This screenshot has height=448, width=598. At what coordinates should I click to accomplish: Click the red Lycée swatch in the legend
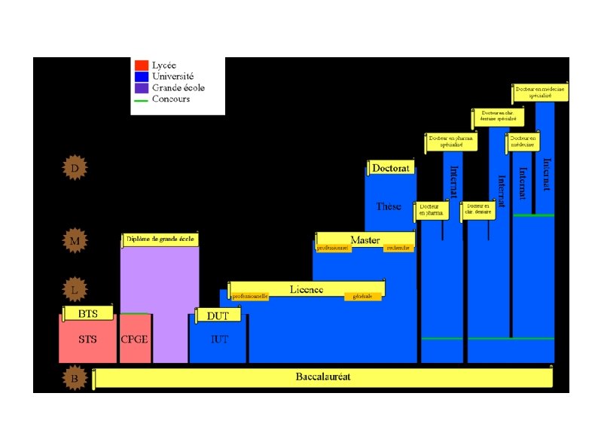pyautogui.click(x=141, y=66)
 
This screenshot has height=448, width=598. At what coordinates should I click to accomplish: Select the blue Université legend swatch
pyautogui.click(x=141, y=76)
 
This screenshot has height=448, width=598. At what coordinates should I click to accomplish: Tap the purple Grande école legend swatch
pyautogui.click(x=141, y=87)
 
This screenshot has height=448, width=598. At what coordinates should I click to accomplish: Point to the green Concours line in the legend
pyautogui.click(x=141, y=99)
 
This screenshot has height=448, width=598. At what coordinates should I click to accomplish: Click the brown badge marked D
pyautogui.click(x=75, y=168)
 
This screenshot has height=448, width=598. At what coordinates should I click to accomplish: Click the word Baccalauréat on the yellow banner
pyautogui.click(x=323, y=376)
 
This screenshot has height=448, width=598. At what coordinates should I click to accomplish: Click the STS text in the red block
pyautogui.click(x=87, y=340)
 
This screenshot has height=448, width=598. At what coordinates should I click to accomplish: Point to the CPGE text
pyautogui.click(x=135, y=340)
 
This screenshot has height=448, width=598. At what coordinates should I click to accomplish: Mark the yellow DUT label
pyautogui.click(x=218, y=316)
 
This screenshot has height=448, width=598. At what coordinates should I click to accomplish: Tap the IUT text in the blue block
pyautogui.click(x=218, y=340)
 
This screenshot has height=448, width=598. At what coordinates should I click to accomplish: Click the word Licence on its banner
pyautogui.click(x=307, y=289)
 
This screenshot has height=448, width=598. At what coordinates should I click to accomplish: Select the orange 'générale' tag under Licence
pyautogui.click(x=362, y=297)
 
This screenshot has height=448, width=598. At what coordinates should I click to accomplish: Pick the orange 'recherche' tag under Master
pyautogui.click(x=398, y=248)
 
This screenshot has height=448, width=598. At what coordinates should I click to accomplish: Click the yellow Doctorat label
pyautogui.click(x=391, y=169)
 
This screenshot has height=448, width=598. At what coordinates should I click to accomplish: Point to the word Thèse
pyautogui.click(x=389, y=206)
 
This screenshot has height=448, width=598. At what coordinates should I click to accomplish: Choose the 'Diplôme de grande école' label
pyautogui.click(x=160, y=239)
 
